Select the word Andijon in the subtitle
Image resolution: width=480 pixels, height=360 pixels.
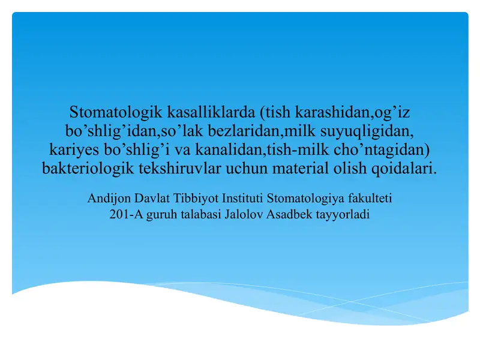[109, 197]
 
